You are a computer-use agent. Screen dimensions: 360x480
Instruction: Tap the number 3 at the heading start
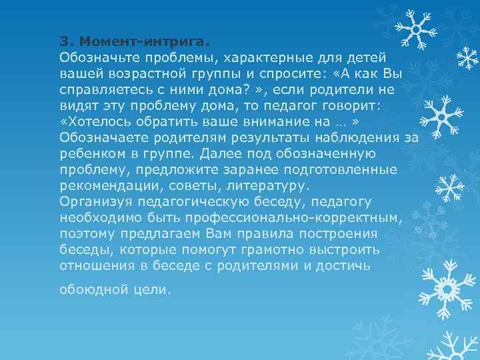tap(63, 40)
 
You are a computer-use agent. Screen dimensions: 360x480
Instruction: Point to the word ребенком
tap(87, 153)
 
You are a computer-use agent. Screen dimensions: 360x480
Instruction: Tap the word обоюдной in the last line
tap(87, 289)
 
